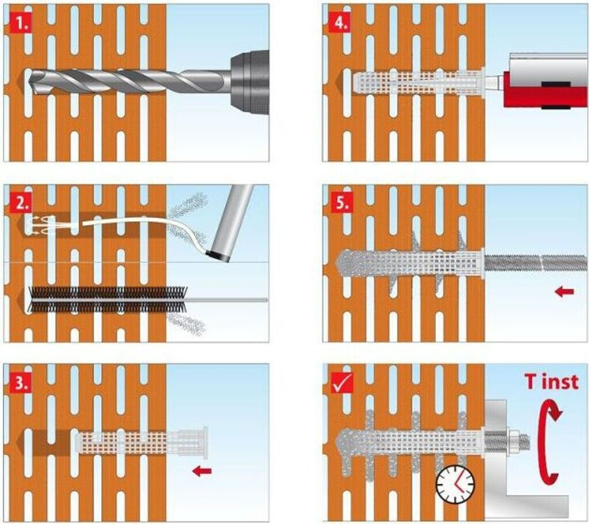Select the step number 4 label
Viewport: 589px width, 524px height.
point(341,24)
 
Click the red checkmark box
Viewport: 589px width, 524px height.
point(342,383)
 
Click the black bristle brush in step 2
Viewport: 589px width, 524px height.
point(108,300)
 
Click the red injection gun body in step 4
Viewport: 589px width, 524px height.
point(545,90)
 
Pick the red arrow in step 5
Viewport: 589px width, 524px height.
point(565,291)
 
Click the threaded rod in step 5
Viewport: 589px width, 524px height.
point(536,262)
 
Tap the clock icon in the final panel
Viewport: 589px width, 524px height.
point(456,484)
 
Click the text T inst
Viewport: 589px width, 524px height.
point(552,382)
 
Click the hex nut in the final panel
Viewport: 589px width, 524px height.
point(513,441)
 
